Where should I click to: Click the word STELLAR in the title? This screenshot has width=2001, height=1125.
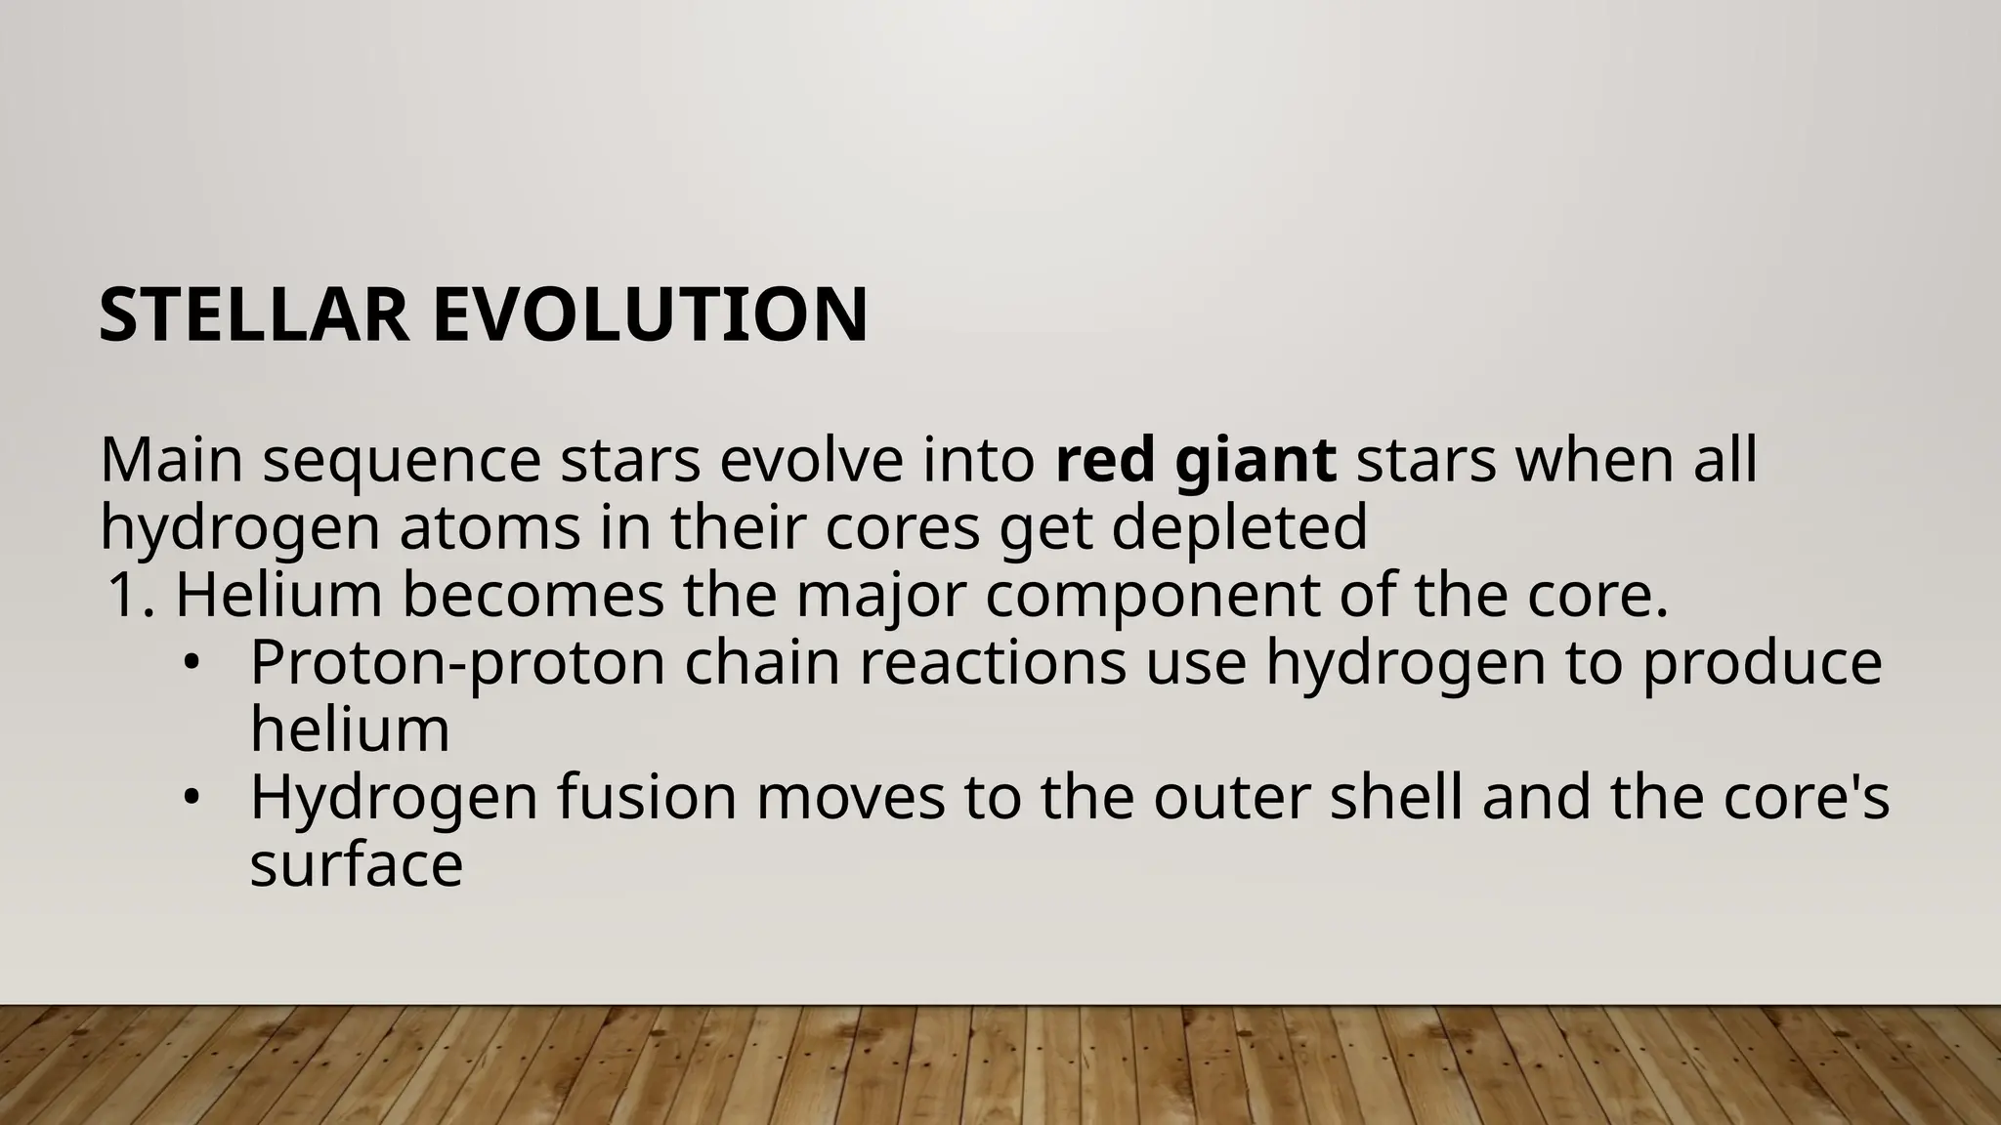(x=254, y=315)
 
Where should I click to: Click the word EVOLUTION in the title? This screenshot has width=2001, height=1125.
(x=650, y=315)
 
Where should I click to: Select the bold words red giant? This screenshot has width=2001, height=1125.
(x=1196, y=460)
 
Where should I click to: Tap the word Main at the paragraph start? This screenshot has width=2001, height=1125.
(x=171, y=460)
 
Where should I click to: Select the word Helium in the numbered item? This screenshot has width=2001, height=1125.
(x=278, y=596)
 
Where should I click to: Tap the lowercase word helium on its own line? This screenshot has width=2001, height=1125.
(x=350, y=729)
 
